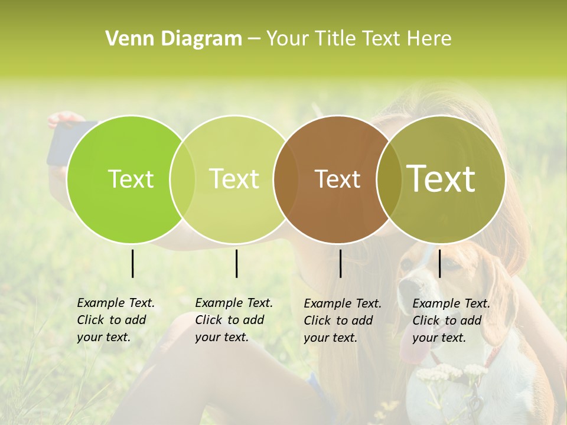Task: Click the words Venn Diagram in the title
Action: tap(174, 39)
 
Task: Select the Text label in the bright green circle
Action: tap(131, 179)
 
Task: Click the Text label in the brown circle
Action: tap(337, 179)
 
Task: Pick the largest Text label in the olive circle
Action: tap(441, 178)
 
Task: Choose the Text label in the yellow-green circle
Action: tap(234, 179)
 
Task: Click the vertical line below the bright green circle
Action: tap(133, 263)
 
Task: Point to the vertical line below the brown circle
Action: tap(341, 263)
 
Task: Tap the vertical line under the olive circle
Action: tap(440, 263)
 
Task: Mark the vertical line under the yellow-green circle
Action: tap(236, 263)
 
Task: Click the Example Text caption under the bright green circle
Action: tap(115, 320)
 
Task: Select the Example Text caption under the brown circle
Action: tap(342, 321)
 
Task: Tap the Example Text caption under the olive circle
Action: tap(451, 321)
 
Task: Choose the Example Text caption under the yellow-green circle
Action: tap(233, 320)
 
